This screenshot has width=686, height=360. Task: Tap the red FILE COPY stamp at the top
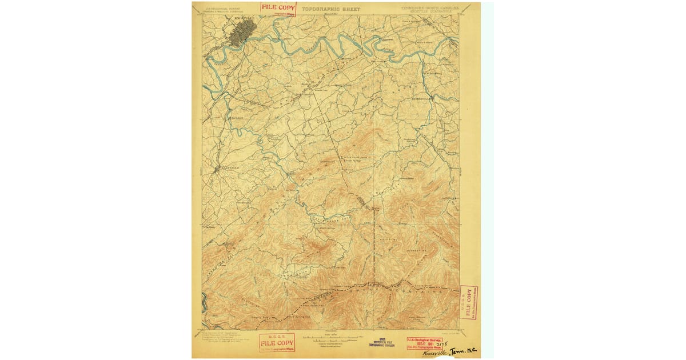click(278, 8)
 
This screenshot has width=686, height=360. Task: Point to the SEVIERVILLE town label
click(424, 98)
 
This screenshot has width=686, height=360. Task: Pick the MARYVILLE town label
click(227, 168)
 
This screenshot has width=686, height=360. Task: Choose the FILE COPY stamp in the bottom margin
click(277, 342)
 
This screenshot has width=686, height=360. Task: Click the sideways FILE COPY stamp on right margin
click(469, 302)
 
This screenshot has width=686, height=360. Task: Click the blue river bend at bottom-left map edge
click(204, 302)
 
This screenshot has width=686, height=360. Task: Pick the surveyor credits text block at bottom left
click(220, 337)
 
